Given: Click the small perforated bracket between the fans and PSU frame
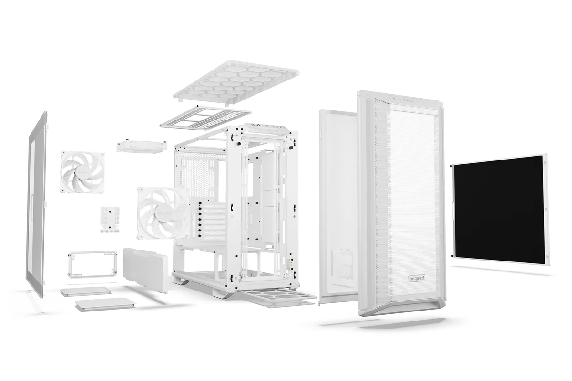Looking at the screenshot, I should click(x=110, y=219).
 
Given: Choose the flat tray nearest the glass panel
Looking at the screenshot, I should click(x=86, y=291).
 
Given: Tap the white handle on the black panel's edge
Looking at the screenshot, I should click(x=451, y=210).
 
